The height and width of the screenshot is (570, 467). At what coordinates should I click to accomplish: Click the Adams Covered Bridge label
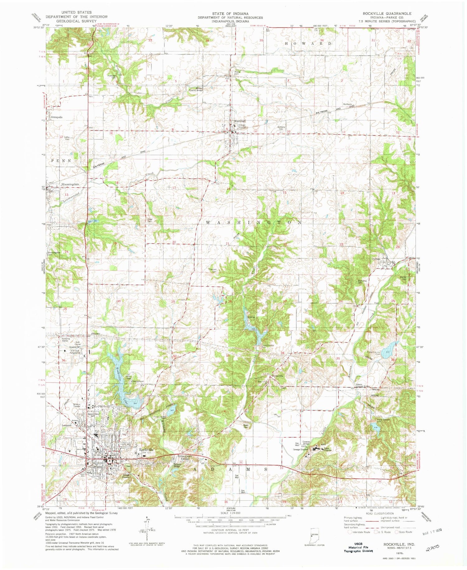click(363, 386)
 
